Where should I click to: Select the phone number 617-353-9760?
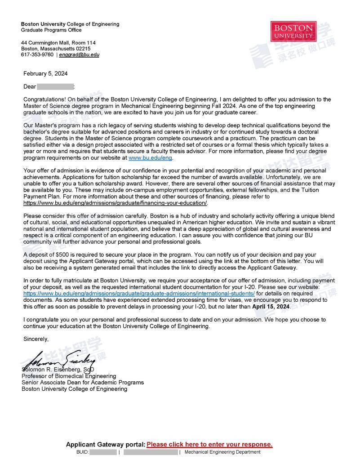pyautogui.click(x=37, y=55)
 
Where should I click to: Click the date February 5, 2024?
pyautogui.click(x=45, y=74)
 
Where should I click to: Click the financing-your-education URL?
pyautogui.click(x=115, y=203)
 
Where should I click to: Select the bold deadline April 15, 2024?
pyautogui.click(x=271, y=306)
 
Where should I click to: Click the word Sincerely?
pyautogui.click(x=36, y=339)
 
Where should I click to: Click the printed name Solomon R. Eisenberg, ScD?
pyautogui.click(x=58, y=370)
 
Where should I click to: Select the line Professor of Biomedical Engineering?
pyautogui.click(x=69, y=376)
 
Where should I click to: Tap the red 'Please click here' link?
pyautogui.click(x=209, y=444)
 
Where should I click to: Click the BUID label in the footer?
pyautogui.click(x=83, y=452)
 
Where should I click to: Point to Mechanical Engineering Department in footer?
pyautogui.click(x=222, y=452)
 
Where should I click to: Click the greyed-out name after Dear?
pyautogui.click(x=55, y=86)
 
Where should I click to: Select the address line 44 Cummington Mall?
pyautogui.click(x=58, y=43)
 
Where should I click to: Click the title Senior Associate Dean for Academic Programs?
pyautogui.click(x=83, y=382)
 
